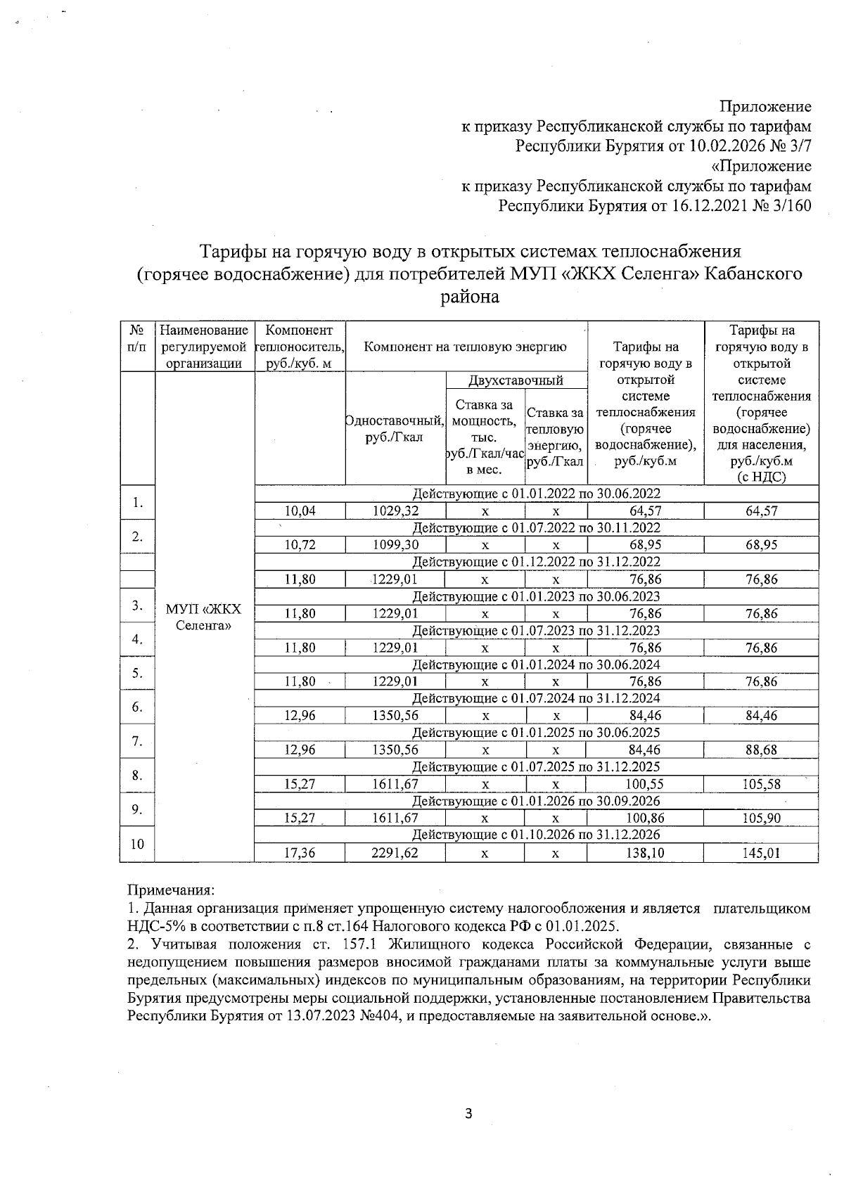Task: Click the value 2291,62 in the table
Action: [x=395, y=854]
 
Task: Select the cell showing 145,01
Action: [x=761, y=854]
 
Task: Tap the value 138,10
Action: [x=645, y=854]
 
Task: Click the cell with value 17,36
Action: [x=299, y=854]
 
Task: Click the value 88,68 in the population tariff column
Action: [x=761, y=750]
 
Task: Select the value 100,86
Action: [x=645, y=819]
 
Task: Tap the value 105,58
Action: [x=761, y=785]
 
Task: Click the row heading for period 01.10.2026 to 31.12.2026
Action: [x=535, y=835]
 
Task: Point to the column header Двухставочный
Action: [x=516, y=381]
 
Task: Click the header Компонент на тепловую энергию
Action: [x=465, y=347]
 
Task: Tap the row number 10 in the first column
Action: [x=137, y=844]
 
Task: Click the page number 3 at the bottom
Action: [x=469, y=1113]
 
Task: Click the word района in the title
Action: [x=469, y=297]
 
